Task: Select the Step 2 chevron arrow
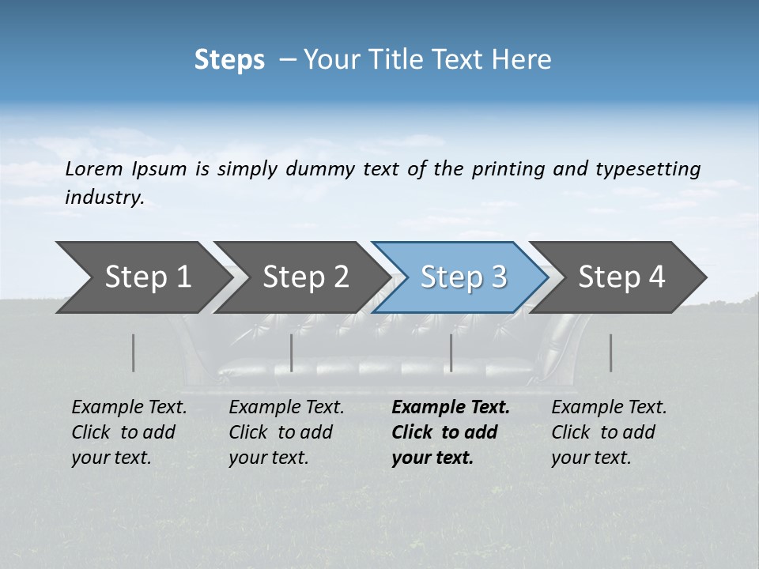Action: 305,277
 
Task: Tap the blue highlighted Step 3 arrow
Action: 463,277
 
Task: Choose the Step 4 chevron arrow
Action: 621,277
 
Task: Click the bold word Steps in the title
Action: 229,60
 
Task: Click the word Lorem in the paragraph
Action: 94,168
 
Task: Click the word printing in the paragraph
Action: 509,169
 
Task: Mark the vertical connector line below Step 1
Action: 134,352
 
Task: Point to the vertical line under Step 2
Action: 292,352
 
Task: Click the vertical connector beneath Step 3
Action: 451,352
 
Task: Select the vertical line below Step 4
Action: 611,352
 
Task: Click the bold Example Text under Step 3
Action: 451,408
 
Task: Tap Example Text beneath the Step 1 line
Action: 129,408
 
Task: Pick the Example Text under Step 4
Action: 609,408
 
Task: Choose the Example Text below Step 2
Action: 286,408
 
